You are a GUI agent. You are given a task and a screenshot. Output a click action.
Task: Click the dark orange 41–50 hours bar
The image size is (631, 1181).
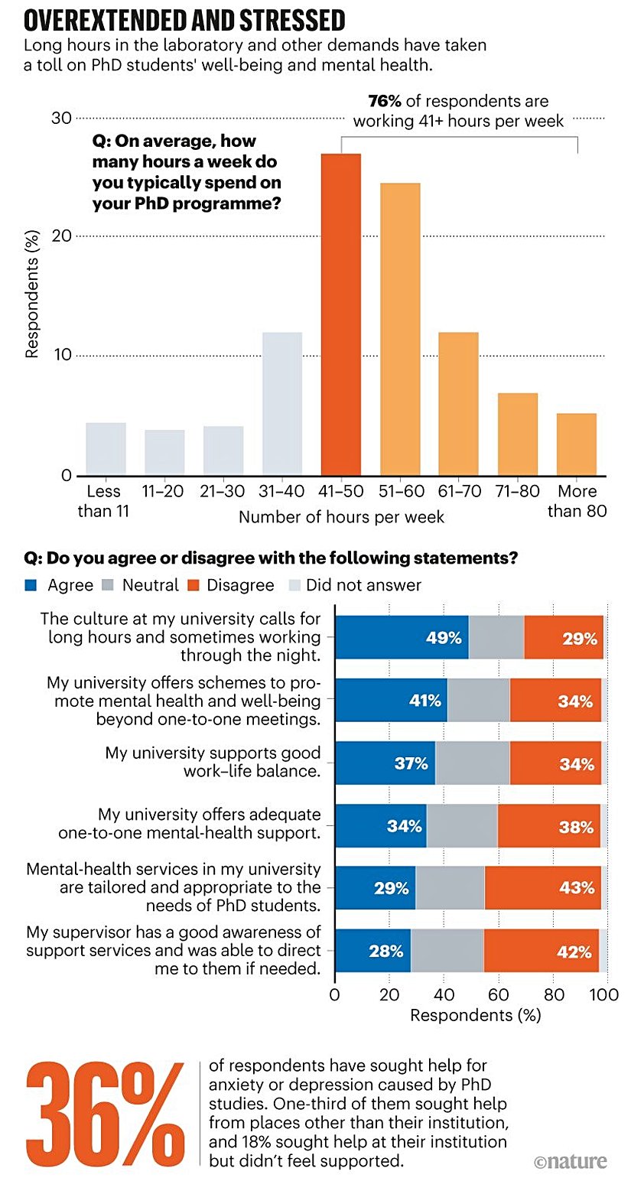pyautogui.click(x=341, y=314)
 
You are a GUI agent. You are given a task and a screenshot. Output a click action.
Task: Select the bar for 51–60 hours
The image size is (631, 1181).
pyautogui.click(x=400, y=329)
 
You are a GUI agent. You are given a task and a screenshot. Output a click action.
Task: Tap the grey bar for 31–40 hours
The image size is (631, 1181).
pyautogui.click(x=282, y=403)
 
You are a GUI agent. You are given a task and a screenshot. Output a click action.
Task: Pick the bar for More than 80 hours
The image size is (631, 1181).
pyautogui.click(x=576, y=444)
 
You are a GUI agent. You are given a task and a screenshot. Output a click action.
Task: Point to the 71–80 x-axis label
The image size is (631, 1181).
pyautogui.click(x=518, y=491)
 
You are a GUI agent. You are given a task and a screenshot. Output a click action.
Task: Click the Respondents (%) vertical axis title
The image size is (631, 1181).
pyautogui.click(x=32, y=297)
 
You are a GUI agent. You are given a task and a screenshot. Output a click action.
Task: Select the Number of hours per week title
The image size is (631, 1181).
pyautogui.click(x=341, y=517)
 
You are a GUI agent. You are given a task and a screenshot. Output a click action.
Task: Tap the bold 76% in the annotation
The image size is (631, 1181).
pyautogui.click(x=385, y=102)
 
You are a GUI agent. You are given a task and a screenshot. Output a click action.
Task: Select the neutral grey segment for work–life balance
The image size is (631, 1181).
pyautogui.click(x=472, y=763)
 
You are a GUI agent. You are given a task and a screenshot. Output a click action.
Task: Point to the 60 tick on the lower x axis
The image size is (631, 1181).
pyautogui.click(x=498, y=995)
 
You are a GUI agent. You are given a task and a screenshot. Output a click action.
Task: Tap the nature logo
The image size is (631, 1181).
pyautogui.click(x=571, y=1161)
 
